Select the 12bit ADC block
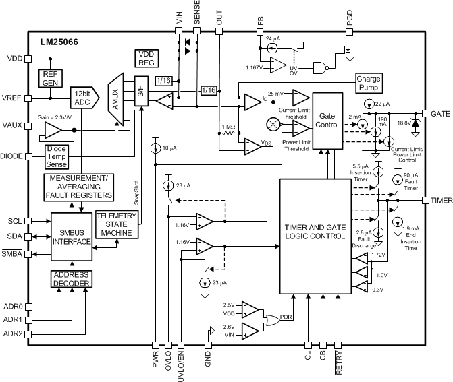84,97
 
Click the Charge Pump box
369,84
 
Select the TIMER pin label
437,200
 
